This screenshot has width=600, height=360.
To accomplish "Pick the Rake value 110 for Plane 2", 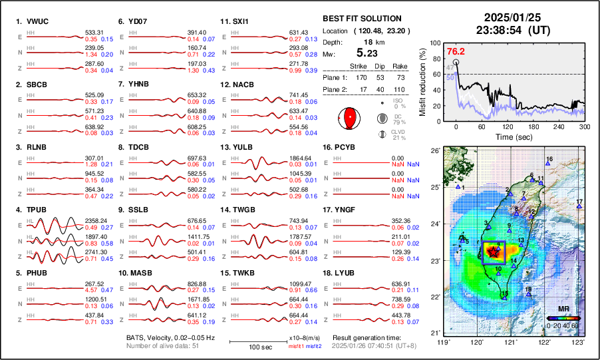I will (400, 89).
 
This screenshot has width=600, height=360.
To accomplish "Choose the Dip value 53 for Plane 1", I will (380, 77).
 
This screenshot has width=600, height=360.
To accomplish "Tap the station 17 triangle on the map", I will (579, 207).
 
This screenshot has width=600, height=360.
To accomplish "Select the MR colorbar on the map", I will (564, 318).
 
